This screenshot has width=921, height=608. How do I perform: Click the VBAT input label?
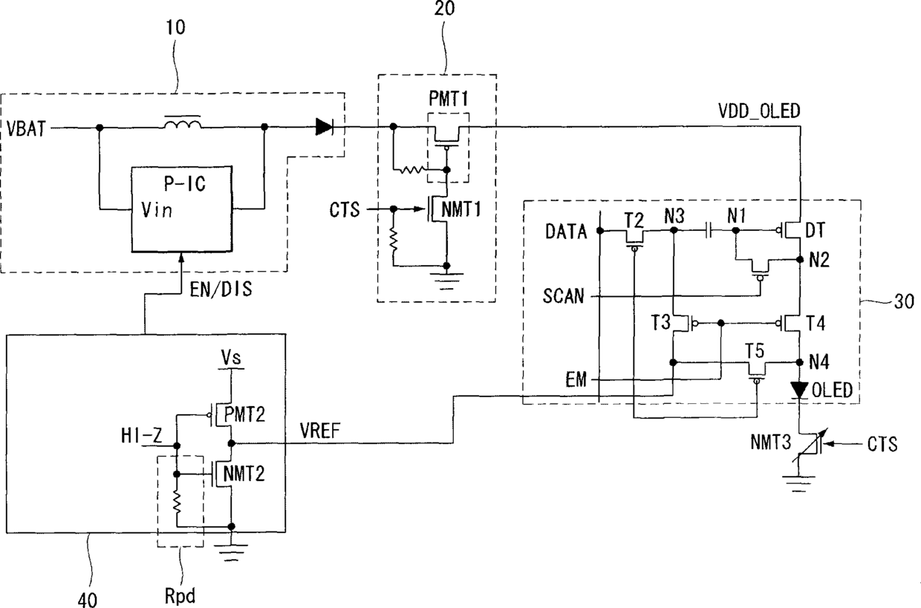coord(26,128)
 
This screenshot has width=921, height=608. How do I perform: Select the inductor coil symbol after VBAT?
coord(183,124)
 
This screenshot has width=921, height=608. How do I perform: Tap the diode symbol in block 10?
coord(325,127)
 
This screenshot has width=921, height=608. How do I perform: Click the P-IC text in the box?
coord(185,184)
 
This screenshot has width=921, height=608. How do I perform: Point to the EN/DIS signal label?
coord(221,290)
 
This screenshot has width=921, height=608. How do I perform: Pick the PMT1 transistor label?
coord(449,99)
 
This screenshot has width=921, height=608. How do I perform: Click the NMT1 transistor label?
coord(461,209)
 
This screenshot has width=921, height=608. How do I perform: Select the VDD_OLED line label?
coord(759,111)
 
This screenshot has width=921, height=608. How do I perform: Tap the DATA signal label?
coord(566,232)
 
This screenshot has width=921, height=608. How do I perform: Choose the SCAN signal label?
coord(563,296)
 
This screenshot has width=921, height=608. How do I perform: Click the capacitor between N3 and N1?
coord(708,231)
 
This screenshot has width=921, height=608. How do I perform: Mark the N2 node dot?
coord(800,259)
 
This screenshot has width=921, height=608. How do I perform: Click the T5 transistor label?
coord(755,351)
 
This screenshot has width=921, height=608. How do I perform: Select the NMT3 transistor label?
coord(770,442)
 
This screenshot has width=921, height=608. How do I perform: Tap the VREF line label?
coord(320,431)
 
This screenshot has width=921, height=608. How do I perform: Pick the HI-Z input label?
coord(141,436)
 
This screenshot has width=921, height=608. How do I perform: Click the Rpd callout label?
coord(180,595)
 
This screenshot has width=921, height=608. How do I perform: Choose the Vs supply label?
coord(231,357)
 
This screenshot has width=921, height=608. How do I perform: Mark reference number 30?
coord(904,301)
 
